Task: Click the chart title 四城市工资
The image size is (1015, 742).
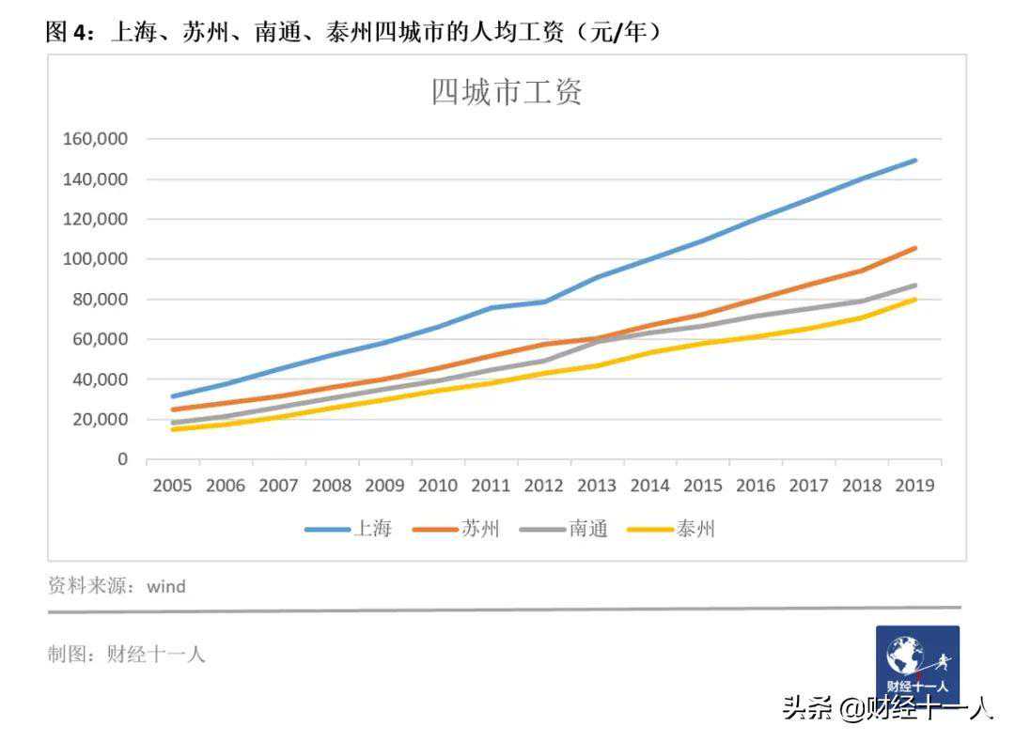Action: click(x=507, y=92)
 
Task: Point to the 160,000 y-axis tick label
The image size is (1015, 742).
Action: click(x=95, y=139)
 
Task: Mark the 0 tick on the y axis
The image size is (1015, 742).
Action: click(x=122, y=459)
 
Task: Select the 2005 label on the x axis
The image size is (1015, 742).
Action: click(x=172, y=486)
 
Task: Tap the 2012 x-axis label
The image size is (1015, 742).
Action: click(x=543, y=486)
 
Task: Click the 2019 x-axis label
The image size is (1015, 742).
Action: click(x=914, y=486)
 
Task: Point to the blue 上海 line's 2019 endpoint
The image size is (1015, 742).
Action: click(x=914, y=161)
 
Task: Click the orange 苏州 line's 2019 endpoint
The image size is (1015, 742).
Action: click(x=914, y=248)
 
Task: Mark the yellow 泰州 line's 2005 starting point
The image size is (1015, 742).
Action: click(x=172, y=429)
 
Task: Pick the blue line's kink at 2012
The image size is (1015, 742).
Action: click(x=544, y=301)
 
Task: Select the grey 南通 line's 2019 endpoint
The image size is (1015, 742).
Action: click(x=914, y=286)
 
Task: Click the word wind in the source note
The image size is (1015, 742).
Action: click(x=166, y=587)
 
